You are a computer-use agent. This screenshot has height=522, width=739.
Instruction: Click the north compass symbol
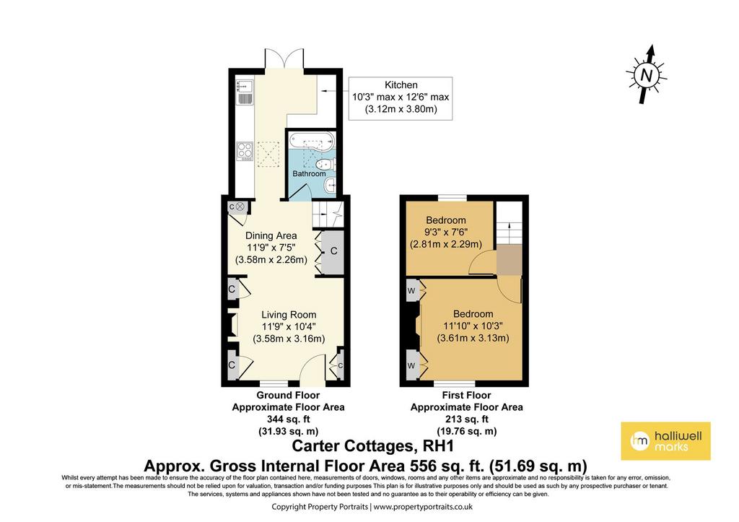tap(647, 74)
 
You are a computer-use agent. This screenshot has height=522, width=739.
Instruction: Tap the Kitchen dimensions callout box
tap(401, 98)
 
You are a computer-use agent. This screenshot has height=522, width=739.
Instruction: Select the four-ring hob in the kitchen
tap(245, 152)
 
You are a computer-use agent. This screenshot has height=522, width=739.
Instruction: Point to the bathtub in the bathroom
tap(311, 141)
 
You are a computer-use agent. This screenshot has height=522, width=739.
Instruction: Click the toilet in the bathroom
tap(326, 165)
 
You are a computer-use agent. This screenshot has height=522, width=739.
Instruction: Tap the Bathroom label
tap(309, 173)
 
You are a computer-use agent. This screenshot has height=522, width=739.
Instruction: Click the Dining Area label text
tap(271, 236)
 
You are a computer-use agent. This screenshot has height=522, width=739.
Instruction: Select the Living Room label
tap(289, 315)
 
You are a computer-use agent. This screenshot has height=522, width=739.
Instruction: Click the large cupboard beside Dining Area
tap(333, 251)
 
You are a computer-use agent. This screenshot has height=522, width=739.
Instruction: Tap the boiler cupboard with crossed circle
tap(237, 206)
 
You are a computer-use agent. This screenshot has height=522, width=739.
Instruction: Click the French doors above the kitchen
tap(284, 58)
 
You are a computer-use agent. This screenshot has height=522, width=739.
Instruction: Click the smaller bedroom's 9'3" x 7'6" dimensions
tap(446, 232)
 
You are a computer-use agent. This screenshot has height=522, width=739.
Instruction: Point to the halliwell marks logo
tap(665, 441)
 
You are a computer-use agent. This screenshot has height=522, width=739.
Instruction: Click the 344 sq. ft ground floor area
tap(288, 419)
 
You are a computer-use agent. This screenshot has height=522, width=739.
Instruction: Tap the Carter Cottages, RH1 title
tap(373, 445)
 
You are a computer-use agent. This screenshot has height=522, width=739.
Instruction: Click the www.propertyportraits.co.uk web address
tap(423, 507)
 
